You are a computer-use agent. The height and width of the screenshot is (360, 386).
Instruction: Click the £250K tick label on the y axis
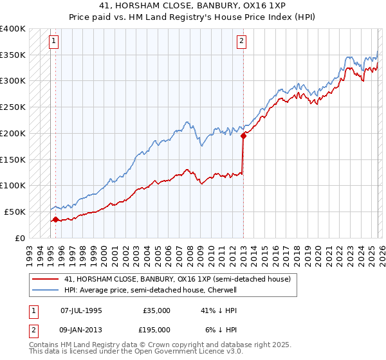13,107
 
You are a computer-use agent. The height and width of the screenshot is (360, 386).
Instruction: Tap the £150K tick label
13,159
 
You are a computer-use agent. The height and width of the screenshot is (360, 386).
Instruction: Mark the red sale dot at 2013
244,136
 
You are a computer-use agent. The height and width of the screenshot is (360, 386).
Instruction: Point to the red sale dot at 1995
55,219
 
